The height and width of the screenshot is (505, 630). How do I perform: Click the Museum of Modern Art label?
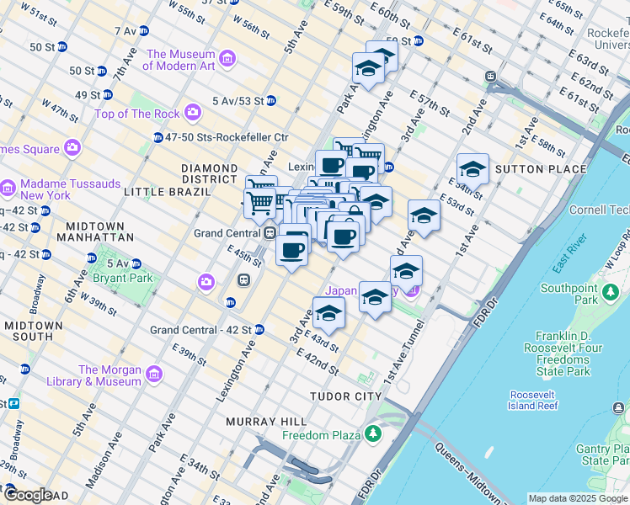click(x=181, y=60)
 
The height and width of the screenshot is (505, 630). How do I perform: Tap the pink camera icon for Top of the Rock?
click(x=193, y=112)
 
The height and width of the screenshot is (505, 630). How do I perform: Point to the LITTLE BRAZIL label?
click(x=166, y=192)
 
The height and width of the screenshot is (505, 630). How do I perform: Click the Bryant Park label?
click(x=118, y=278)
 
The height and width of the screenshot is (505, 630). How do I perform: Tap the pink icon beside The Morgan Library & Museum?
click(x=153, y=374)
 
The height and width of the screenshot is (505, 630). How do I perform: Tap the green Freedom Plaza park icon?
click(x=372, y=434)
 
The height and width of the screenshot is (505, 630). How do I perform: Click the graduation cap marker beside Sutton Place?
click(x=472, y=170)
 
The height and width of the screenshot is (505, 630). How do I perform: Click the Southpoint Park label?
click(x=569, y=294)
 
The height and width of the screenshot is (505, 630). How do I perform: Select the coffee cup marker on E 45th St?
click(x=292, y=250)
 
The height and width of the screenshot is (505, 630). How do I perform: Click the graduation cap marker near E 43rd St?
click(x=328, y=314)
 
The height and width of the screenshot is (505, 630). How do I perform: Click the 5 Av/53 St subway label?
click(x=238, y=101)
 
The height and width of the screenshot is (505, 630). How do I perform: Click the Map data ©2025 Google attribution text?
click(x=577, y=498)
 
